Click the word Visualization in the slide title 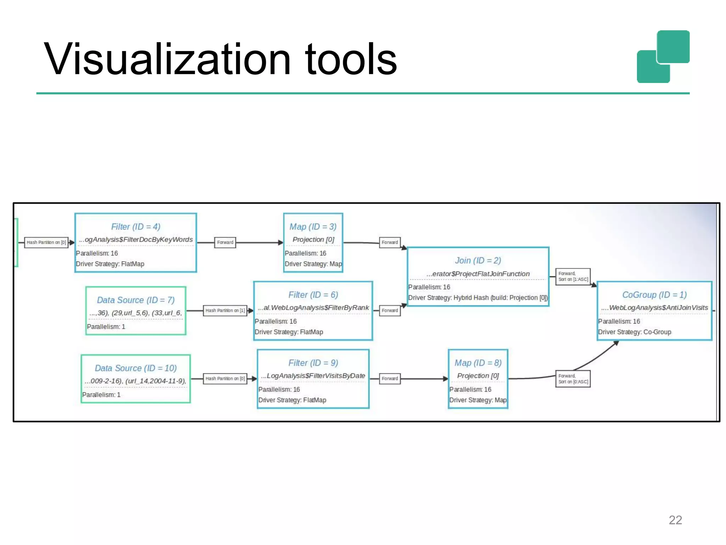(x=167, y=59)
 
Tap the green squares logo (x=663, y=57)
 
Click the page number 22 (x=675, y=520)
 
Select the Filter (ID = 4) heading (x=135, y=227)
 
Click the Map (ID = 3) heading (x=313, y=227)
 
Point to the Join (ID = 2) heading (x=478, y=260)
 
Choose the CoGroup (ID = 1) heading (x=654, y=295)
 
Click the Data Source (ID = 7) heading (x=135, y=300)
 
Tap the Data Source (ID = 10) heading (x=135, y=368)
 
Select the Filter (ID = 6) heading (x=313, y=295)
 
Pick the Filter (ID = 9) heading (x=313, y=363)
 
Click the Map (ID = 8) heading (x=478, y=363)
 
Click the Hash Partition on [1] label (x=225, y=310)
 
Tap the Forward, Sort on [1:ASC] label (x=573, y=276)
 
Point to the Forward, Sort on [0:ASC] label (x=573, y=379)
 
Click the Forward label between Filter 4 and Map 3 (x=225, y=242)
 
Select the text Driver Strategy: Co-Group (x=635, y=332)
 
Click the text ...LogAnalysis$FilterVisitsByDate (x=313, y=376)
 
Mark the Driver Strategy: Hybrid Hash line (x=478, y=298)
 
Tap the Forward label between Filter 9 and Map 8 (x=390, y=379)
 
